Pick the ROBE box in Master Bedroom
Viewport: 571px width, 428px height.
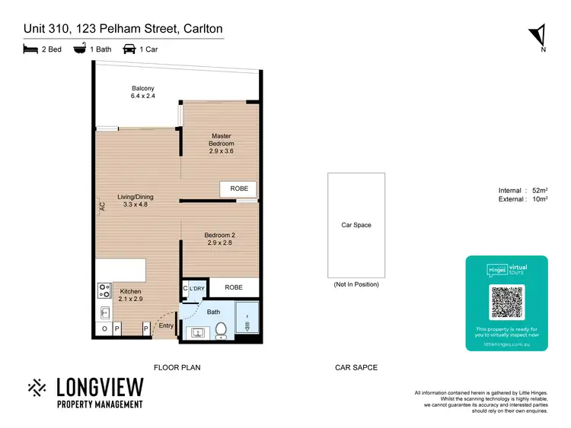238,189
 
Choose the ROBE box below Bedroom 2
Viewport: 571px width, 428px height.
234,287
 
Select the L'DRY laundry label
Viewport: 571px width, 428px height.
197,289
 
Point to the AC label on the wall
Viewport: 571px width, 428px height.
100,205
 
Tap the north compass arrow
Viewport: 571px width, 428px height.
538,34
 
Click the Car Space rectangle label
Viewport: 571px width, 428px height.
356,225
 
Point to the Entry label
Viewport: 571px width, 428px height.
165,326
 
